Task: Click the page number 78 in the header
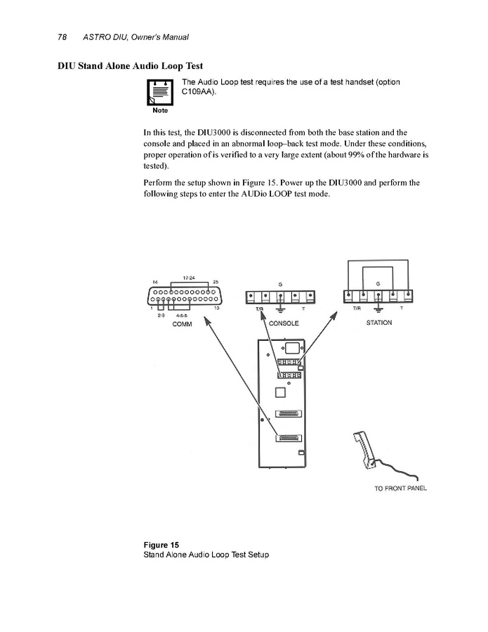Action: tap(62, 37)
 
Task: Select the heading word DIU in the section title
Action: tap(67, 66)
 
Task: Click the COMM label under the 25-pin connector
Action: tap(172, 324)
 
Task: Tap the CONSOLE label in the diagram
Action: tap(284, 323)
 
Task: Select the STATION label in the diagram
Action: tap(379, 323)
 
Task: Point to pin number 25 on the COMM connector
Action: tap(216, 282)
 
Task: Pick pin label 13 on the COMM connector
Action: tap(217, 308)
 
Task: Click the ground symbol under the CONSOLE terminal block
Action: tap(280, 310)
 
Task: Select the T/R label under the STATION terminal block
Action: tap(356, 309)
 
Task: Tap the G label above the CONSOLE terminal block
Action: tap(280, 283)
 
